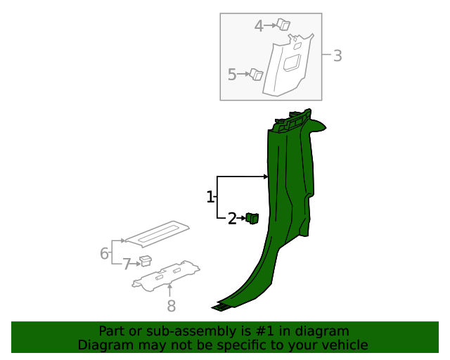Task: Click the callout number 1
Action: point(210,197)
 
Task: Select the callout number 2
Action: point(232,219)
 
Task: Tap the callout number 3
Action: point(337,56)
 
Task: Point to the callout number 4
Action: point(259,26)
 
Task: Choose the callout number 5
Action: point(232,74)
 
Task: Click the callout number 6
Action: point(104,253)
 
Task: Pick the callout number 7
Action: point(127,264)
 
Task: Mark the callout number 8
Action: point(170,305)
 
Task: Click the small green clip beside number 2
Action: point(252,218)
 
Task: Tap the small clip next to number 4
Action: point(283,25)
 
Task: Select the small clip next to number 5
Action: point(257,74)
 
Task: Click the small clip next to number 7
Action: point(146,262)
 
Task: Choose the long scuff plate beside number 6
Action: point(159,234)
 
